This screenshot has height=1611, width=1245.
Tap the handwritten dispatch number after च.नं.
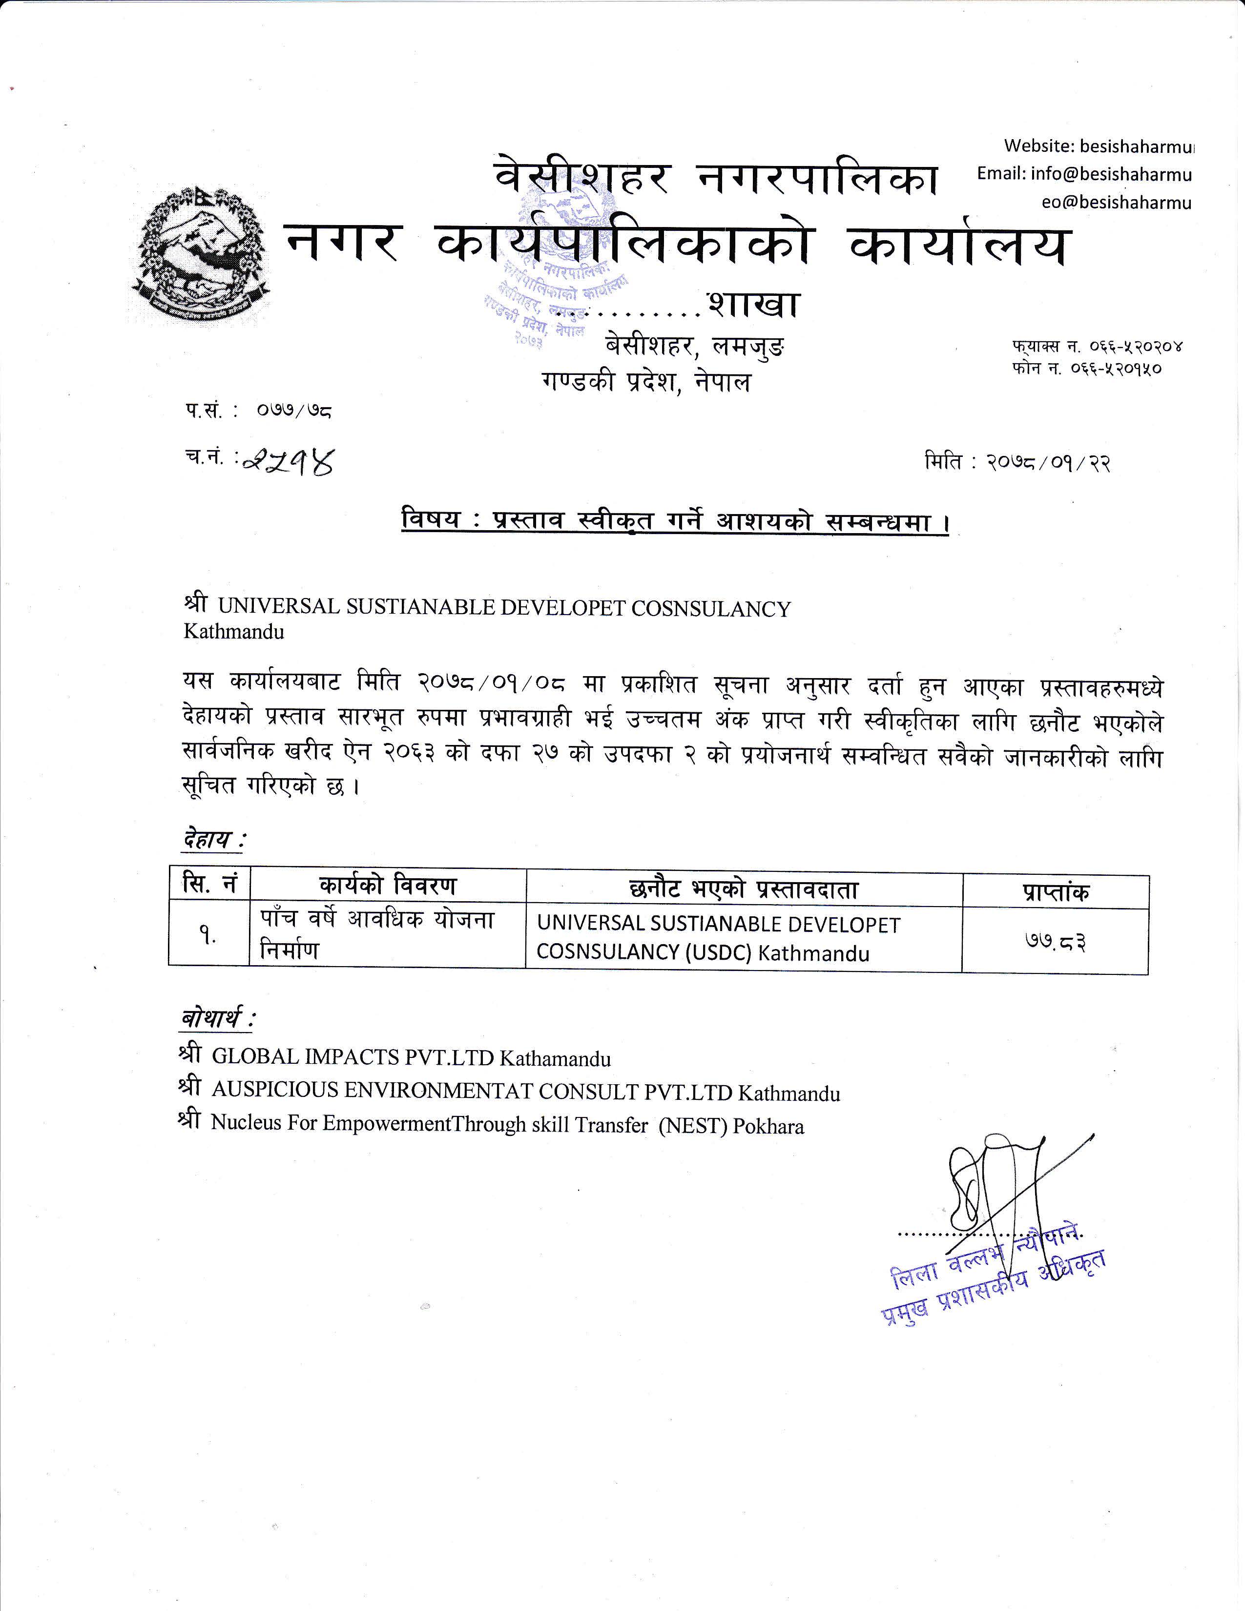click(288, 462)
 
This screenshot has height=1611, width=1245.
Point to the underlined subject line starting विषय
click(675, 521)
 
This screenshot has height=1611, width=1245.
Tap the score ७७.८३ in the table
click(1055, 942)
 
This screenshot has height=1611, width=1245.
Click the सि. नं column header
click(209, 884)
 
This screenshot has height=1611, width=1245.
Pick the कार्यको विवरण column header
click(388, 885)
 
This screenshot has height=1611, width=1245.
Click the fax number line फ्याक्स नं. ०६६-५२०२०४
click(1098, 346)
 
